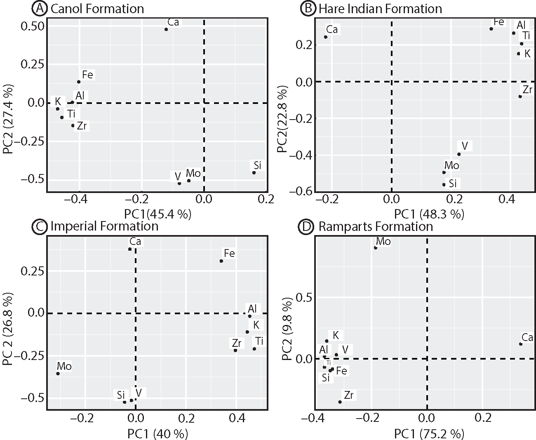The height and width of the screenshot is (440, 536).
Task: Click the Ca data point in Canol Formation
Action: (x=166, y=29)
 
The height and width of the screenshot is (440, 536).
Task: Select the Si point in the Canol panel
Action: (x=254, y=172)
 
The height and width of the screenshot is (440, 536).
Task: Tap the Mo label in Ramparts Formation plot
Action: (x=383, y=242)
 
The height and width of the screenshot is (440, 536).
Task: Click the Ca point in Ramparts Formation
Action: (x=521, y=344)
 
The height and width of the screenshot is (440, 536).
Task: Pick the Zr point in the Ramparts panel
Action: (x=340, y=402)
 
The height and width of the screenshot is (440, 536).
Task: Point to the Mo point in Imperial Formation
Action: (x=58, y=374)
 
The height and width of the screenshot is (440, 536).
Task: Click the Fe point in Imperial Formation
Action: (x=221, y=261)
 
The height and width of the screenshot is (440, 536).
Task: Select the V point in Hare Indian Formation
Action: (x=459, y=154)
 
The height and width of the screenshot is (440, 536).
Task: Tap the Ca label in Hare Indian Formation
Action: (x=332, y=29)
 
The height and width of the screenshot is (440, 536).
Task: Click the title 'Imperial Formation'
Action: (x=104, y=226)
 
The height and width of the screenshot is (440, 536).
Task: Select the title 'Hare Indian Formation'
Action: (x=380, y=9)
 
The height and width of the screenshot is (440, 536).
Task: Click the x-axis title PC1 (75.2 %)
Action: (x=429, y=434)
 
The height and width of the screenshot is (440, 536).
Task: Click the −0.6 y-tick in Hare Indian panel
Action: (x=301, y=191)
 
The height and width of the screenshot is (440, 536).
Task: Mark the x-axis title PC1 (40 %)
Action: (x=156, y=434)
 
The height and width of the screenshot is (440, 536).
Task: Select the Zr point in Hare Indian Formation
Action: (x=520, y=96)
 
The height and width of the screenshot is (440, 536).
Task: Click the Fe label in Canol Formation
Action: (x=88, y=75)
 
